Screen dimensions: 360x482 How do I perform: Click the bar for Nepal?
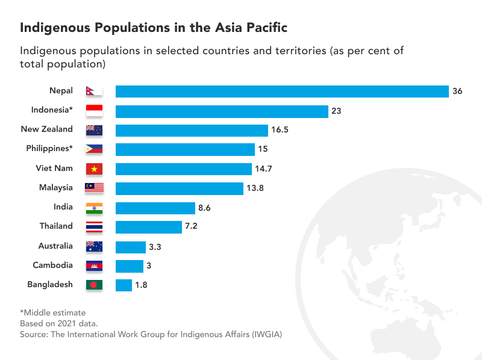pyautogui.click(x=282, y=92)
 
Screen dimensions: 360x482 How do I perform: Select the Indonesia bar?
pyautogui.click(x=222, y=111)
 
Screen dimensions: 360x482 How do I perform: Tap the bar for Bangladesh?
pyautogui.click(x=124, y=285)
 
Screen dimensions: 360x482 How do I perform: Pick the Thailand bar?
pyautogui.click(x=149, y=227)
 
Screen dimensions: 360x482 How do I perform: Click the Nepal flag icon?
pyautogui.click(x=94, y=92)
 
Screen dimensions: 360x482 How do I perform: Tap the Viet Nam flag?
pyautogui.click(x=95, y=169)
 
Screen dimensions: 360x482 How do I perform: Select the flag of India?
pyautogui.click(x=95, y=208)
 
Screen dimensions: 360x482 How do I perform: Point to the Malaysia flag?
pyautogui.click(x=95, y=188)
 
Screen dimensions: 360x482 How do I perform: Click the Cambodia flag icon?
pyautogui.click(x=95, y=265)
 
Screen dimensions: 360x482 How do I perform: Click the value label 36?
pyautogui.click(x=457, y=92)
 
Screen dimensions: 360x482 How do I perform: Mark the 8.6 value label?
pyautogui.click(x=205, y=208)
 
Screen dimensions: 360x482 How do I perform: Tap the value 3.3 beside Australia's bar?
pyautogui.click(x=155, y=246)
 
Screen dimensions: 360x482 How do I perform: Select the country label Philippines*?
pyautogui.click(x=49, y=149)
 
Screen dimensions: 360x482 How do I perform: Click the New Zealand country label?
pyautogui.click(x=46, y=129)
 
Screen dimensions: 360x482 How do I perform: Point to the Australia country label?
pyautogui.click(x=55, y=246)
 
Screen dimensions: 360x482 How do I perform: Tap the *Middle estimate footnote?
pyautogui.click(x=53, y=312)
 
